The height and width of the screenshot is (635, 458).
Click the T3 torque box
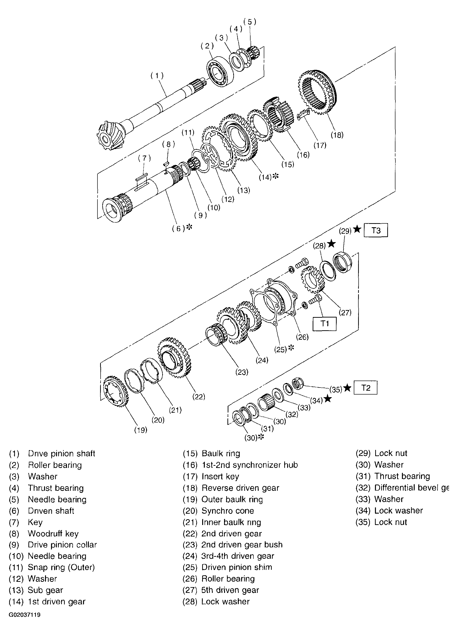click(376, 230)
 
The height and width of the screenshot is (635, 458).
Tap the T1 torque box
click(324, 324)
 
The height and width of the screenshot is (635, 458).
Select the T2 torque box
click(365, 388)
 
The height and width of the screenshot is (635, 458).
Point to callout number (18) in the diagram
click(337, 135)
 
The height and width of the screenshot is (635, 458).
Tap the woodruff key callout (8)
click(168, 144)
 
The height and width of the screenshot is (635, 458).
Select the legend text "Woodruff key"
click(53, 534)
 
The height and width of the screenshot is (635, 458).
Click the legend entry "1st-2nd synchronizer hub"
click(249, 465)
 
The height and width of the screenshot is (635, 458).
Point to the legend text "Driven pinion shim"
click(237, 567)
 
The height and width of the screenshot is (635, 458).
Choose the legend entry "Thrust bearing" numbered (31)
click(402, 476)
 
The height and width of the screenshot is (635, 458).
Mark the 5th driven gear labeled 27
click(312, 279)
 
